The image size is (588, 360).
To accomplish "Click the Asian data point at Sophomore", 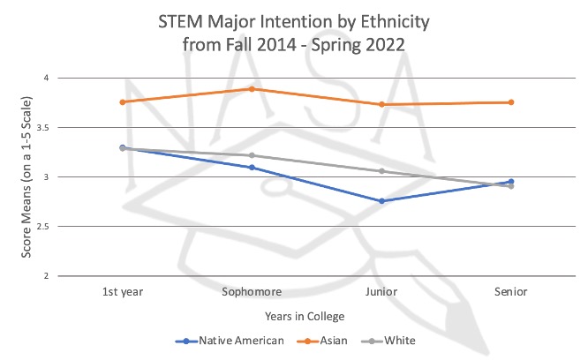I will click(252, 89).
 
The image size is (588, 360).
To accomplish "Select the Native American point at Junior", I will click(381, 201).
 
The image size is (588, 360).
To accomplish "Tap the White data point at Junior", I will click(381, 171).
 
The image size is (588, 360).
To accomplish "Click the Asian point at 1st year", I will click(122, 102).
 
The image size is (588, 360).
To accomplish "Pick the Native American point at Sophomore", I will click(252, 168).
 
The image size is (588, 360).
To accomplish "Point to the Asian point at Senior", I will click(511, 102).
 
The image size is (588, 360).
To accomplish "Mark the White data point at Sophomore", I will click(252, 155).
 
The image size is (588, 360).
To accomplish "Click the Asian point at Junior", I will click(381, 105).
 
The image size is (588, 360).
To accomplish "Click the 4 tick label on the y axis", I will click(45, 79).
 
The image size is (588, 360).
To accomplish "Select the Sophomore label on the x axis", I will click(252, 291).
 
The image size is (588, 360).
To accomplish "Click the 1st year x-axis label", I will click(122, 291).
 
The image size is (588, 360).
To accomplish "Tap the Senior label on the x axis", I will click(511, 291).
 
